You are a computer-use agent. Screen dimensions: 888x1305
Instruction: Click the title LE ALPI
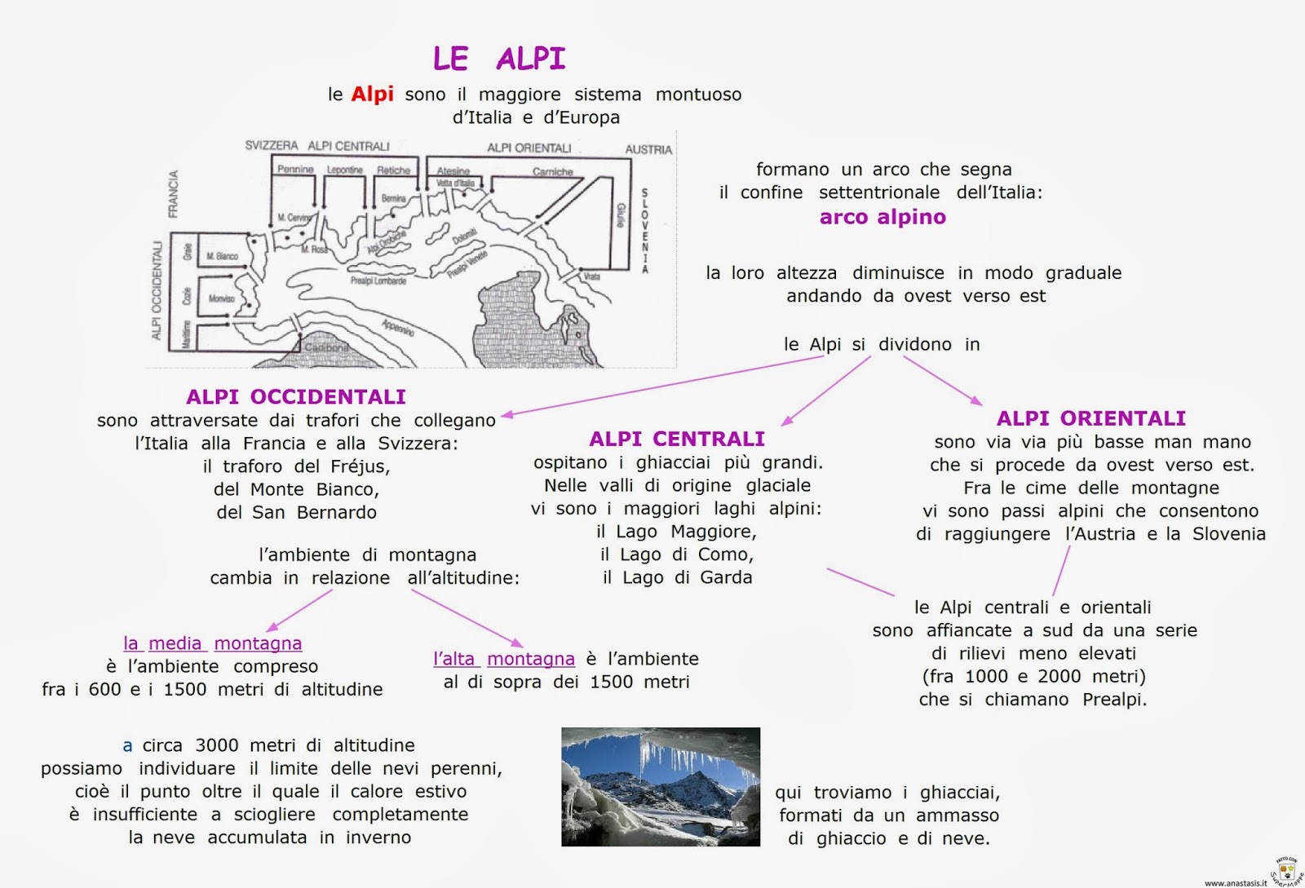click(x=498, y=59)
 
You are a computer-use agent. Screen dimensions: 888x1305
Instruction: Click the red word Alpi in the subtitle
click(x=372, y=95)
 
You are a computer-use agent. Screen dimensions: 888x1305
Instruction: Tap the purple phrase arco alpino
click(x=883, y=217)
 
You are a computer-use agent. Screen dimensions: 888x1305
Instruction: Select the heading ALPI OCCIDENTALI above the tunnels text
click(x=295, y=397)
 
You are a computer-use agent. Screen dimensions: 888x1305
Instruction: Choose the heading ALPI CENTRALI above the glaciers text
click(x=676, y=440)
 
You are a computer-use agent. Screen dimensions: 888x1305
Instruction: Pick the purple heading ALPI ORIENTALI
click(x=1090, y=418)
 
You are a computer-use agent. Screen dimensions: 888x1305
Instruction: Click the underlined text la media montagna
click(x=212, y=643)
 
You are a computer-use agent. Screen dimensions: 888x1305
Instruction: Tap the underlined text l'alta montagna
click(x=503, y=659)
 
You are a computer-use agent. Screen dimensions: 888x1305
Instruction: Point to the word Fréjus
click(x=359, y=466)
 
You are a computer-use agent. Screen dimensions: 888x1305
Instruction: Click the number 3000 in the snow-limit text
click(x=216, y=745)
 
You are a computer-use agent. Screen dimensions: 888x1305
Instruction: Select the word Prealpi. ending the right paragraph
click(x=1114, y=700)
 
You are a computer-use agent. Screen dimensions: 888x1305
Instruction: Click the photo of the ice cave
click(x=660, y=786)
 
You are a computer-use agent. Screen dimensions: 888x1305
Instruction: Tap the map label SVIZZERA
click(x=272, y=146)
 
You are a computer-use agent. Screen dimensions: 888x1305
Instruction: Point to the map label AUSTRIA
click(x=648, y=149)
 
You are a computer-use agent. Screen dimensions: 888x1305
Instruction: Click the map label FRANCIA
click(x=173, y=194)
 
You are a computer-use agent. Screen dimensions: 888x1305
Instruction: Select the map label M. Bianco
click(x=222, y=256)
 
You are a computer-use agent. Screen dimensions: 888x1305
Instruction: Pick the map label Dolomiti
click(x=464, y=237)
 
